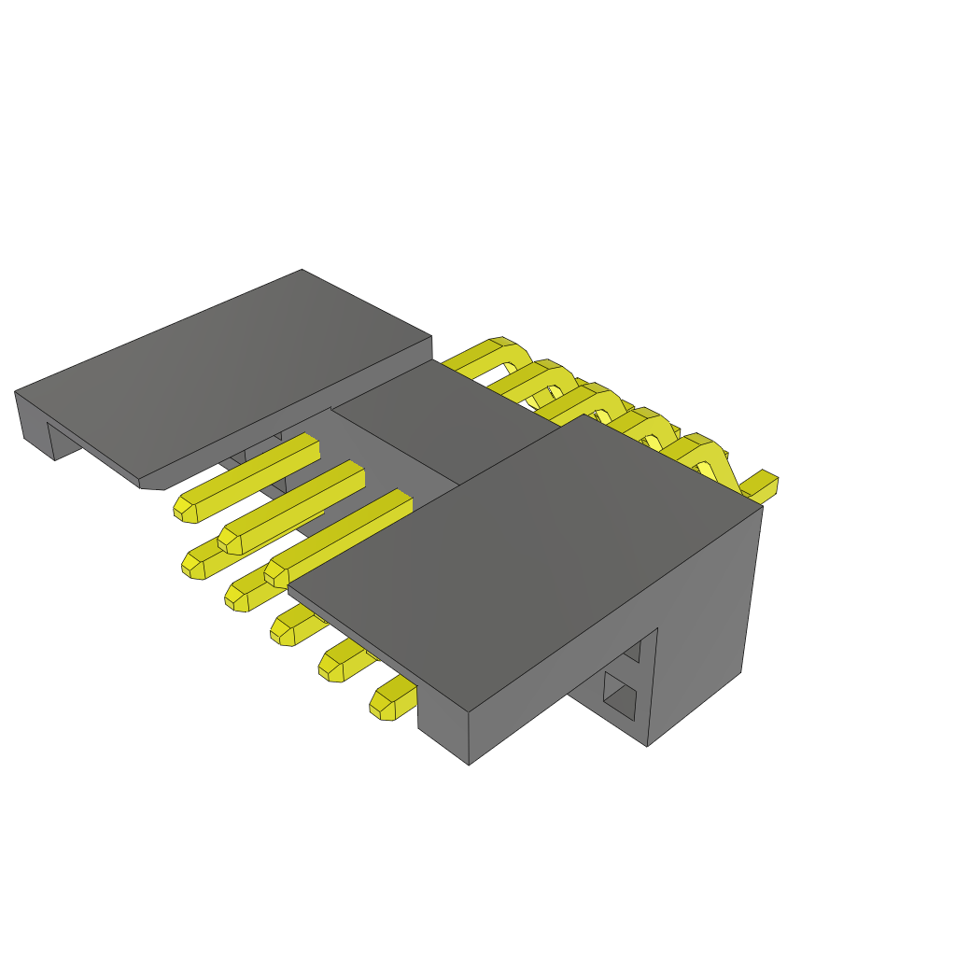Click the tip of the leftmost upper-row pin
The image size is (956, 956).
coord(183,508)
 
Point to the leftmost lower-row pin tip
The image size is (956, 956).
coord(192,565)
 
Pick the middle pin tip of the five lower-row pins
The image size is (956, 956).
coord(283,630)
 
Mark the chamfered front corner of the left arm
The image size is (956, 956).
coord(151,485)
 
